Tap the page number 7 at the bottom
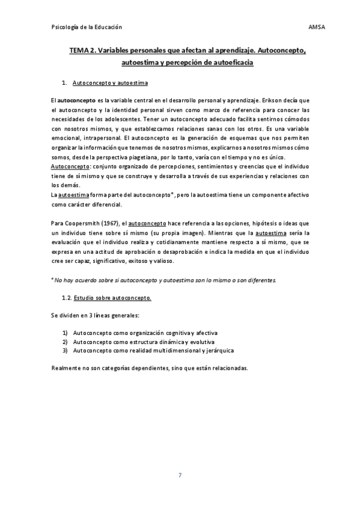tap(180, 476)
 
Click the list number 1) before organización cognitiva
tap(65, 333)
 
